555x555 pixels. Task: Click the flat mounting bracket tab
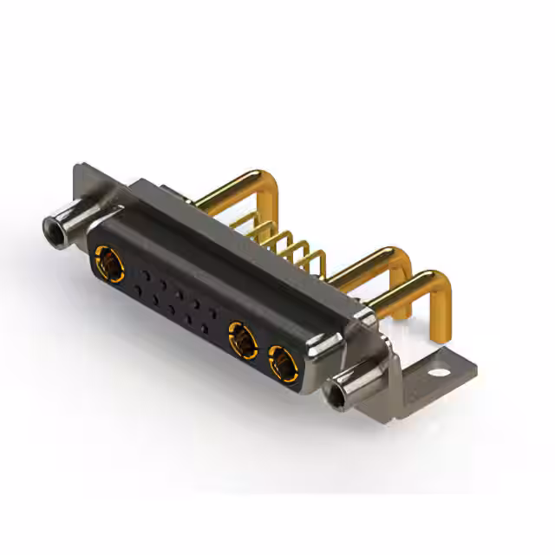(x=434, y=371)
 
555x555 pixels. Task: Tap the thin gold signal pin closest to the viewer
(x=318, y=260)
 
